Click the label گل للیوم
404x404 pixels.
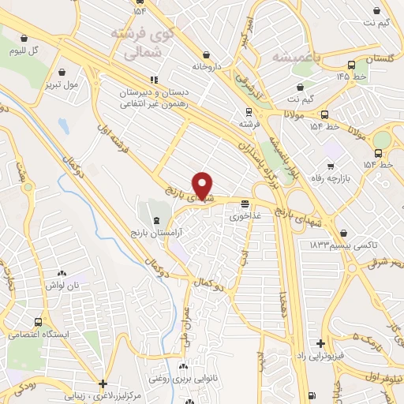pos(24,50)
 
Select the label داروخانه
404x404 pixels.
pos(208,67)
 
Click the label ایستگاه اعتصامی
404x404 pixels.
pos(37,334)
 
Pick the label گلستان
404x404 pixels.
pos(381,59)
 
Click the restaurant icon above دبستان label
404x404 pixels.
pos(155,80)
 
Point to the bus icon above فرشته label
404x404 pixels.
pos(249,111)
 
